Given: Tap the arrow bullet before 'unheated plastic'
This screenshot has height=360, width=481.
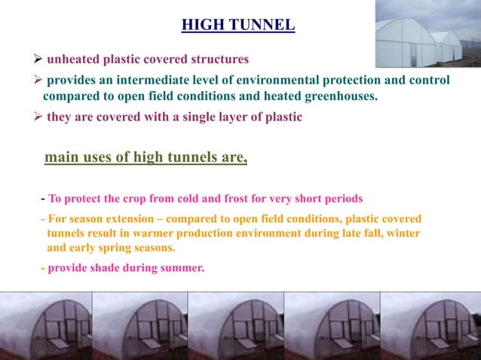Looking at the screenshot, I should (x=37, y=59).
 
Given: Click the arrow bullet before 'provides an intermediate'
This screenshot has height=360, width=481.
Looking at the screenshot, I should (x=37, y=80).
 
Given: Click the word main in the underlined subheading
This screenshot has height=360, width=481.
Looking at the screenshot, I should (x=60, y=157).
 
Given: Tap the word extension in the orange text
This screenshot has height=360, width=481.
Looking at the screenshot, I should (x=118, y=219).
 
